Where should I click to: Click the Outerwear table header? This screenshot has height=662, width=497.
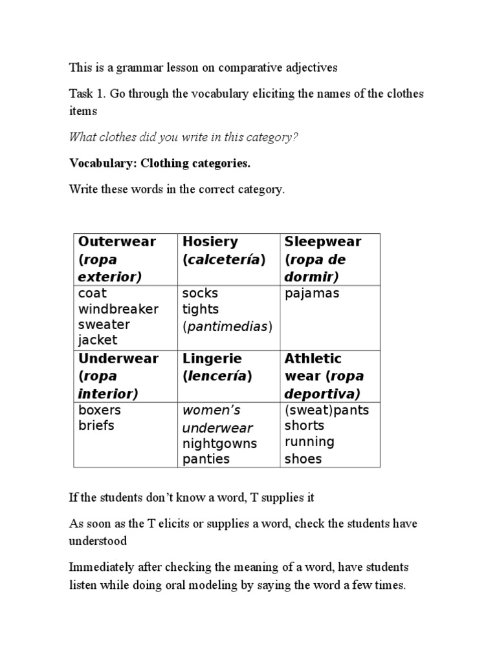117,242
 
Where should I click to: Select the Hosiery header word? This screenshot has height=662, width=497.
210,242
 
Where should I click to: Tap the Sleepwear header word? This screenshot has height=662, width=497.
322,242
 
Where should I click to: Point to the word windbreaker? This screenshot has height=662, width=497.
118,309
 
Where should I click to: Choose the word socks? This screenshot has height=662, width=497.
200,294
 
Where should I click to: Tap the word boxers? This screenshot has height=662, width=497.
100,410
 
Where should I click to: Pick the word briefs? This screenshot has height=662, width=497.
96,425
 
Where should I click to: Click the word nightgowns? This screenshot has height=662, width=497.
219,443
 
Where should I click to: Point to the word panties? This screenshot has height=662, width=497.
206,459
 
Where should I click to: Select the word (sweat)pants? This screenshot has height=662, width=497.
327,411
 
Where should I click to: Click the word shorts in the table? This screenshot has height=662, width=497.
304,425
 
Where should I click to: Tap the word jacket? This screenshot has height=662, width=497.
98,340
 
